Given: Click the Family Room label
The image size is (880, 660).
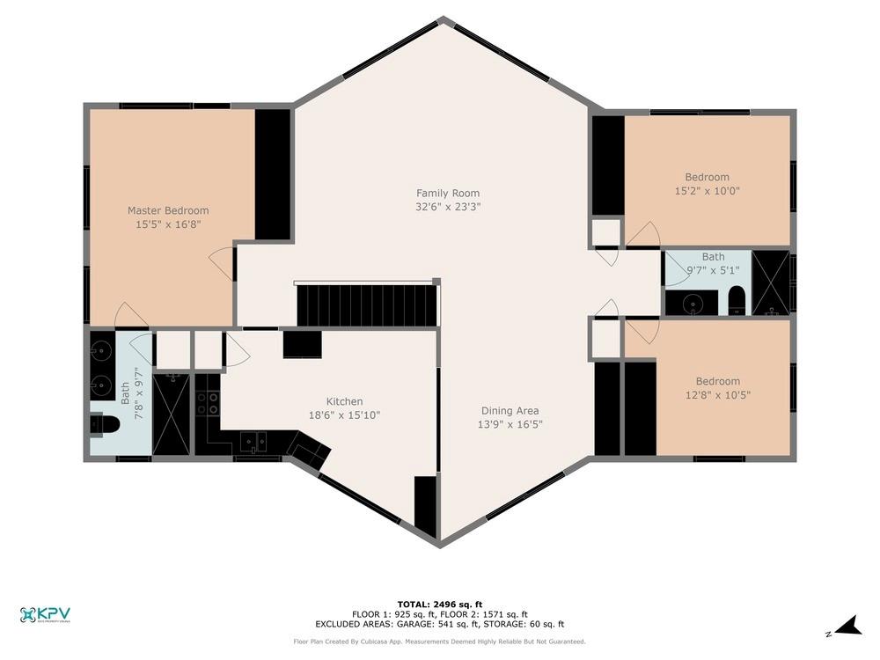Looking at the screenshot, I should [448, 193].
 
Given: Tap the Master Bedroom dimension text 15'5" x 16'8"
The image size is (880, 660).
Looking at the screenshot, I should [168, 224].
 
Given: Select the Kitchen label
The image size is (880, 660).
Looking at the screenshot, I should [344, 401].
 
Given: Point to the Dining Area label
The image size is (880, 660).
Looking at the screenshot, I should [510, 410].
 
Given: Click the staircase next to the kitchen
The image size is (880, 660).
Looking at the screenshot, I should [367, 304].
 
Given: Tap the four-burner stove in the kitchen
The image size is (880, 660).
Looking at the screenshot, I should [207, 403].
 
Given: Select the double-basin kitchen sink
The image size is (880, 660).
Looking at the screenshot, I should [254, 441].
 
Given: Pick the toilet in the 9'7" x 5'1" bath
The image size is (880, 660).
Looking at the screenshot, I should [737, 301].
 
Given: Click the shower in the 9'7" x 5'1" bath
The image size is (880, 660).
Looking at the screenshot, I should [772, 282].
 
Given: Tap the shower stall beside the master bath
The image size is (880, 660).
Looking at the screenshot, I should [171, 414].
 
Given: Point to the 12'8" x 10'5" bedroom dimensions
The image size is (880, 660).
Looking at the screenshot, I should [717, 394].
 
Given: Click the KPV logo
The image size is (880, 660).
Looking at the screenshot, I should [45, 614].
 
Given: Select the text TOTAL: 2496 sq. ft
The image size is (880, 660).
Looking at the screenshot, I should [440, 605].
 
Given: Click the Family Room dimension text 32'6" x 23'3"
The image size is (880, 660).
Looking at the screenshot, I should [448, 207].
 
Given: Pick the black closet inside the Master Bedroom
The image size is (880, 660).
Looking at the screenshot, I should [273, 174].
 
